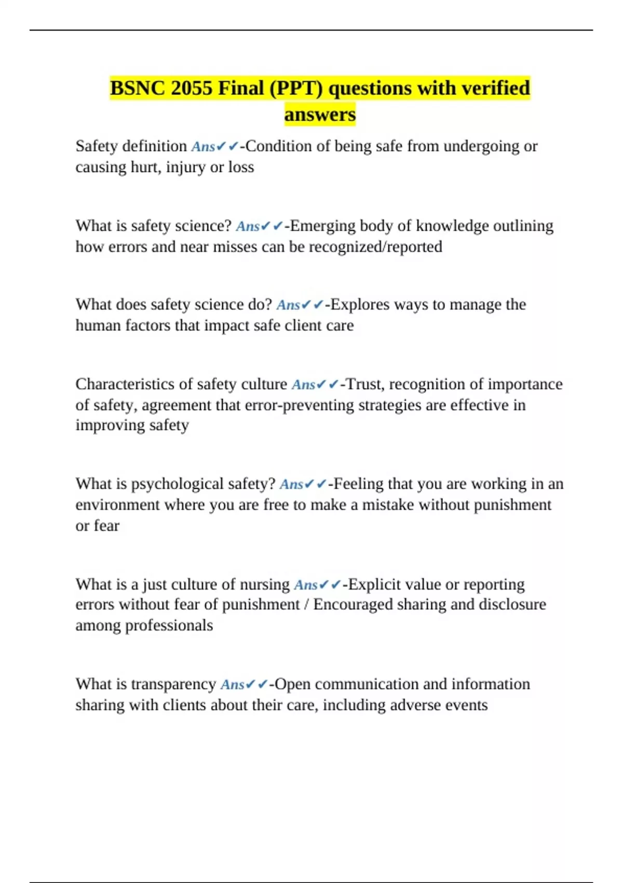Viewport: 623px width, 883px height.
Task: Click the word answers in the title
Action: pos(320,114)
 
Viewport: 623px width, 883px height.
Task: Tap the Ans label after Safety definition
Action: pos(203,147)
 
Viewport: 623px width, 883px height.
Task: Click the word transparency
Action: pos(173,684)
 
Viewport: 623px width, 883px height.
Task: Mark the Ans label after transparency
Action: pos(232,685)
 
